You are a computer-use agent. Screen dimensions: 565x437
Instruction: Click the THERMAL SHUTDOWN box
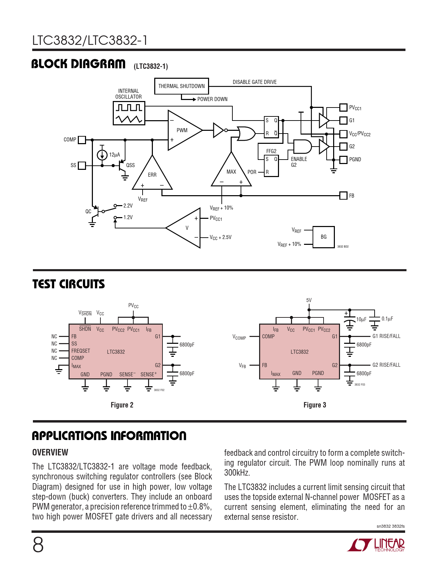click(x=181, y=86)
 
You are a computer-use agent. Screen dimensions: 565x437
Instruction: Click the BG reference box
click(x=324, y=237)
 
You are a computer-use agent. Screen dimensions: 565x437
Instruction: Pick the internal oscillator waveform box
click(x=129, y=113)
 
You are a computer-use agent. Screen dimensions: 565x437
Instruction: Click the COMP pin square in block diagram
click(x=82, y=140)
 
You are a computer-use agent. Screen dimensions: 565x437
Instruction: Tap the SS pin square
click(x=82, y=165)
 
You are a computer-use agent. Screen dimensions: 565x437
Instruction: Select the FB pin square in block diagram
click(x=343, y=196)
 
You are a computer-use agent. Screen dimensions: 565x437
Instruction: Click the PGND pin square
click(x=343, y=160)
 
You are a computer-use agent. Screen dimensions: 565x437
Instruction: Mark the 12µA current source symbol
click(x=102, y=155)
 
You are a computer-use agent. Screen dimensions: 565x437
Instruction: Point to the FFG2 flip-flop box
click(x=271, y=166)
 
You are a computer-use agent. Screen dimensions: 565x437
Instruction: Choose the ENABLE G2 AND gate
click(x=302, y=147)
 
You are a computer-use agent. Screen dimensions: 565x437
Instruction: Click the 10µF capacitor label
click(x=361, y=319)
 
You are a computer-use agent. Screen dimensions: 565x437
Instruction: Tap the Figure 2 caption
click(x=122, y=405)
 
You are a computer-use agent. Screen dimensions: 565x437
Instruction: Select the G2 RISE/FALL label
click(x=386, y=365)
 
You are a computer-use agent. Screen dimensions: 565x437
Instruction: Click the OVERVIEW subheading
click(x=50, y=452)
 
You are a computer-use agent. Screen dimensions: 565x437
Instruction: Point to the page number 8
click(x=38, y=545)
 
